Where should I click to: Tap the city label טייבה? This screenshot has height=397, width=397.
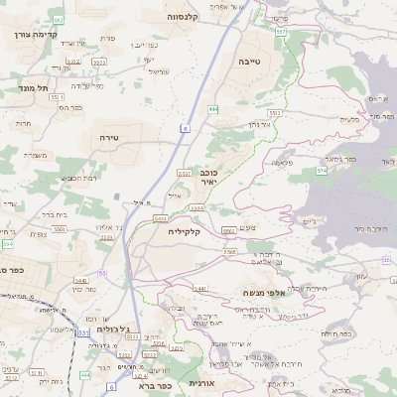click(249, 62)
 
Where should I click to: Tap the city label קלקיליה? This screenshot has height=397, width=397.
click(185, 231)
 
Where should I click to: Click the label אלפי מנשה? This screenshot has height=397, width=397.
click(265, 294)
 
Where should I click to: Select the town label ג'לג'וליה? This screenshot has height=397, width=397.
click(110, 338)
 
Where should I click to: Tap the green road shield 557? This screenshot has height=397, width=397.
click(282, 32)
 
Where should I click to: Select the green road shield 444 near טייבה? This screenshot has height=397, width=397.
click(213, 108)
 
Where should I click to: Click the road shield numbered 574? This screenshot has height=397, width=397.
click(322, 171)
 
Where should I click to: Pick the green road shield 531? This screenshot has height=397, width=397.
click(82, 331)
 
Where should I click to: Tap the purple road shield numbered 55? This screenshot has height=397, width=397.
click(101, 273)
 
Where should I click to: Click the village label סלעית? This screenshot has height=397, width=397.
click(350, 119)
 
